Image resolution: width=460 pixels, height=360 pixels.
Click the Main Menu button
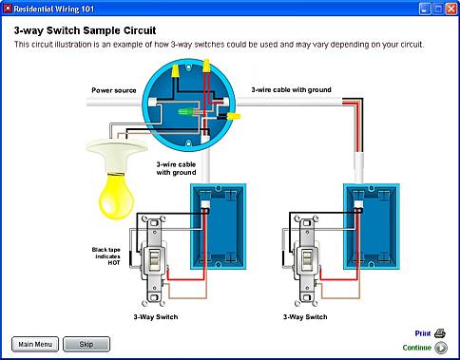pos(35,344)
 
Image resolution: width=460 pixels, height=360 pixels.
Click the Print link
pos(423,333)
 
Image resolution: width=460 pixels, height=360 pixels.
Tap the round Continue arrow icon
pos(441,348)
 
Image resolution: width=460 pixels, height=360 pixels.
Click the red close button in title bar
pos(451,9)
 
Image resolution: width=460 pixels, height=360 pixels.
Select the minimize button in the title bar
pos(425,9)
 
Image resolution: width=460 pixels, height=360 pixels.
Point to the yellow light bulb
pos(116,196)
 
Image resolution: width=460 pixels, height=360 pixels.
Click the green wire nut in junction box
pos(185,111)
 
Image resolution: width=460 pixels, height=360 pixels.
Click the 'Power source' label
pos(114,90)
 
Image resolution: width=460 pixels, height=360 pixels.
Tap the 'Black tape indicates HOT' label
pos(105,256)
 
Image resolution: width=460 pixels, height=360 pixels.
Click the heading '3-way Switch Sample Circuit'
pos(85,30)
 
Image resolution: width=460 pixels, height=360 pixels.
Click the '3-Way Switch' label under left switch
pos(156,317)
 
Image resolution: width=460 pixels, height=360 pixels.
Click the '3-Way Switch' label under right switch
pos(305,317)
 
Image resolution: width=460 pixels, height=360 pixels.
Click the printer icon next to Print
pos(440,333)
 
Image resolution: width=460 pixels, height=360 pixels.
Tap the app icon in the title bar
pos(8,9)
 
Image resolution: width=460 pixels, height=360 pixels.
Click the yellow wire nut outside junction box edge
pos(234,116)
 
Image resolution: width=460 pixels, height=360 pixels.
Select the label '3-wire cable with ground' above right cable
pos(291,90)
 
